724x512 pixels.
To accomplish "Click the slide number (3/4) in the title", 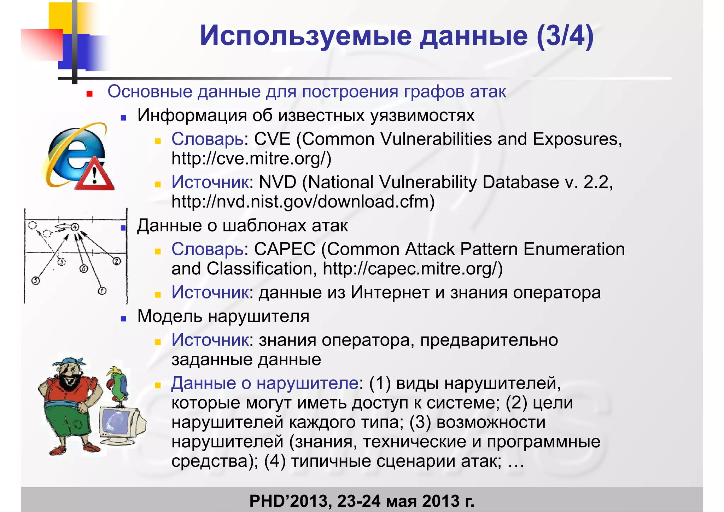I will [565, 36].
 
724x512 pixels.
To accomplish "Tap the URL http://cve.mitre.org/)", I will [251, 158].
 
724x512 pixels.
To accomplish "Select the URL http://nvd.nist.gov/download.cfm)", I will [303, 202].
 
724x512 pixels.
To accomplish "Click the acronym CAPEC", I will [285, 249].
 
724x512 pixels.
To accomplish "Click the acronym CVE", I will [272, 139].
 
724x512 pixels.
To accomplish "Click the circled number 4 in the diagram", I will [75, 227].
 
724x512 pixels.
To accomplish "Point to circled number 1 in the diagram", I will [102, 291].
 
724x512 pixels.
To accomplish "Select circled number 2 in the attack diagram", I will [116, 261].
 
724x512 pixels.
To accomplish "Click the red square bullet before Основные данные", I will [89, 94].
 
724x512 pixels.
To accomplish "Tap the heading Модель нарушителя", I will [223, 316].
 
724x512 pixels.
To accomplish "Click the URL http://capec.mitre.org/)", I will [412, 269].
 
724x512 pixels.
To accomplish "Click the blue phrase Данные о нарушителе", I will [265, 383].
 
